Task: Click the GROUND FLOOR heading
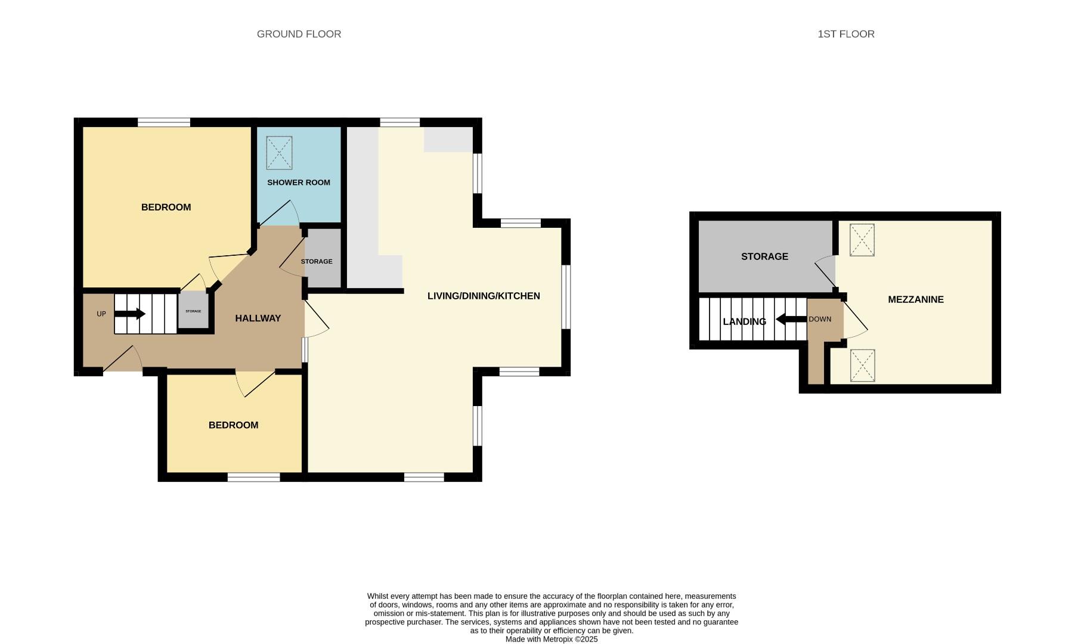299,34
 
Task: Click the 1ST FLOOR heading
845,34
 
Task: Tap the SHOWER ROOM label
298,182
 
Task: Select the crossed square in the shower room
279,153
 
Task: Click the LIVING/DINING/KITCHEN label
484,296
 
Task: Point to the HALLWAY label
258,318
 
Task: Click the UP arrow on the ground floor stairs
131,314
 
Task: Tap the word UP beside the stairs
101,314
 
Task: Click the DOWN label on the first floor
820,319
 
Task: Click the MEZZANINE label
915,299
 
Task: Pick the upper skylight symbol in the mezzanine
862,240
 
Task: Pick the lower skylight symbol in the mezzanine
862,365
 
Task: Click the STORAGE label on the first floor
764,256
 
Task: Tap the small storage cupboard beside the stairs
193,311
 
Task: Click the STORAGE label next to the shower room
317,262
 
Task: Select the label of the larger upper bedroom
166,208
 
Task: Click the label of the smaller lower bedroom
233,425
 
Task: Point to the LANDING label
744,322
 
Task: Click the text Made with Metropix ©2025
552,639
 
